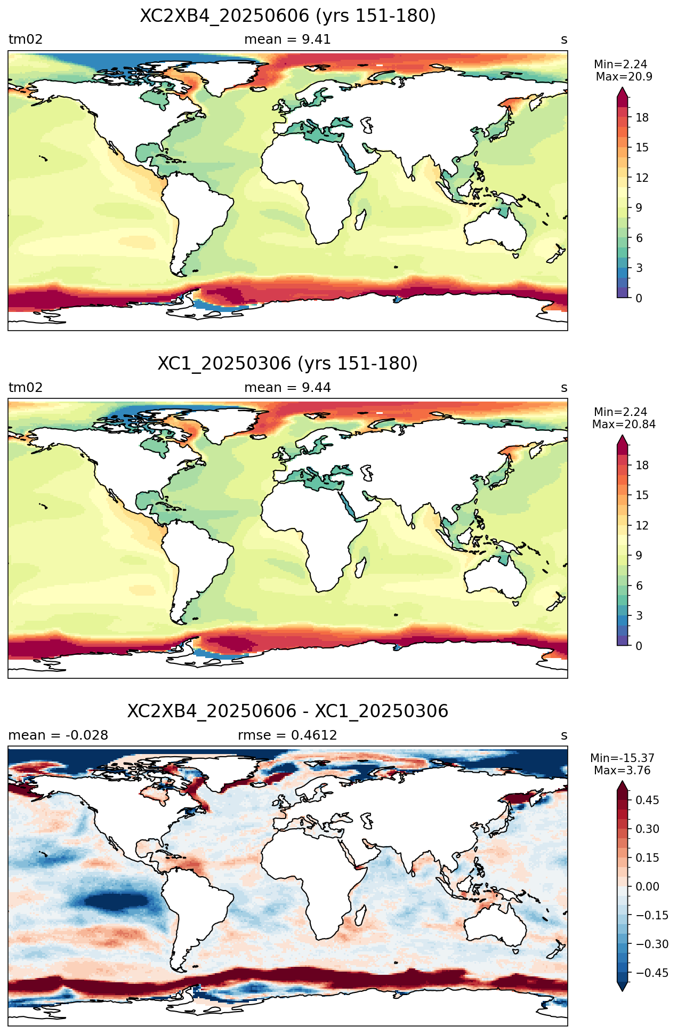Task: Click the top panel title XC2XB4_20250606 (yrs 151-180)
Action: click(288, 16)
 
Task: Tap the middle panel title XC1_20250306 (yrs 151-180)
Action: click(288, 364)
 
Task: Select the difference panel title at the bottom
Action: click(288, 711)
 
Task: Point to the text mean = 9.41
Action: click(287, 39)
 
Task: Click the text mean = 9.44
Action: click(287, 388)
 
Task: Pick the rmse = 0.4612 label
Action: click(287, 735)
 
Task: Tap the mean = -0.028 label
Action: click(58, 735)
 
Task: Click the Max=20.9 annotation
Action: click(624, 77)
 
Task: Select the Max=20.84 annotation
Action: click(624, 424)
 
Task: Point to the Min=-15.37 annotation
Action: click(622, 758)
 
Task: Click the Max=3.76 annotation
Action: click(622, 771)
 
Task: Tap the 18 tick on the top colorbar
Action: click(642, 118)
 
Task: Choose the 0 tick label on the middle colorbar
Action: click(639, 646)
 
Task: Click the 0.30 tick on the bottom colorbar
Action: click(648, 829)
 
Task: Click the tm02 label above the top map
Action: click(26, 39)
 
